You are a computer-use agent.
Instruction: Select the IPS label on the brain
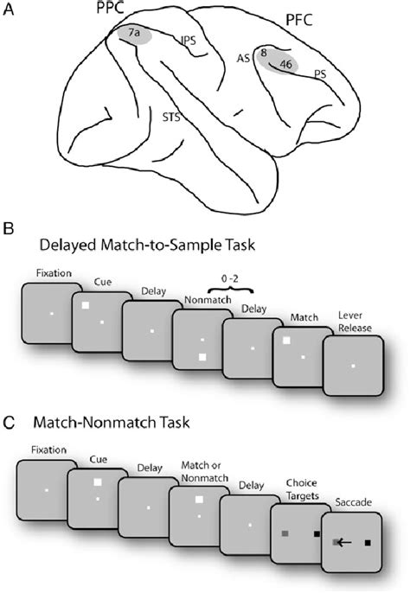pyautogui.click(x=188, y=40)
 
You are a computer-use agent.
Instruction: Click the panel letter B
pyautogui.click(x=9, y=231)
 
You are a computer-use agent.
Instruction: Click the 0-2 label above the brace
pyautogui.click(x=226, y=281)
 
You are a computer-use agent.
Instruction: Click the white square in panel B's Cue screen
pyautogui.click(x=86, y=305)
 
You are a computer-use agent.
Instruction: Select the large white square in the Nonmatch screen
pyautogui.click(x=202, y=356)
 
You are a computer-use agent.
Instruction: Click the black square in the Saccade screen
pyautogui.click(x=368, y=543)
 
